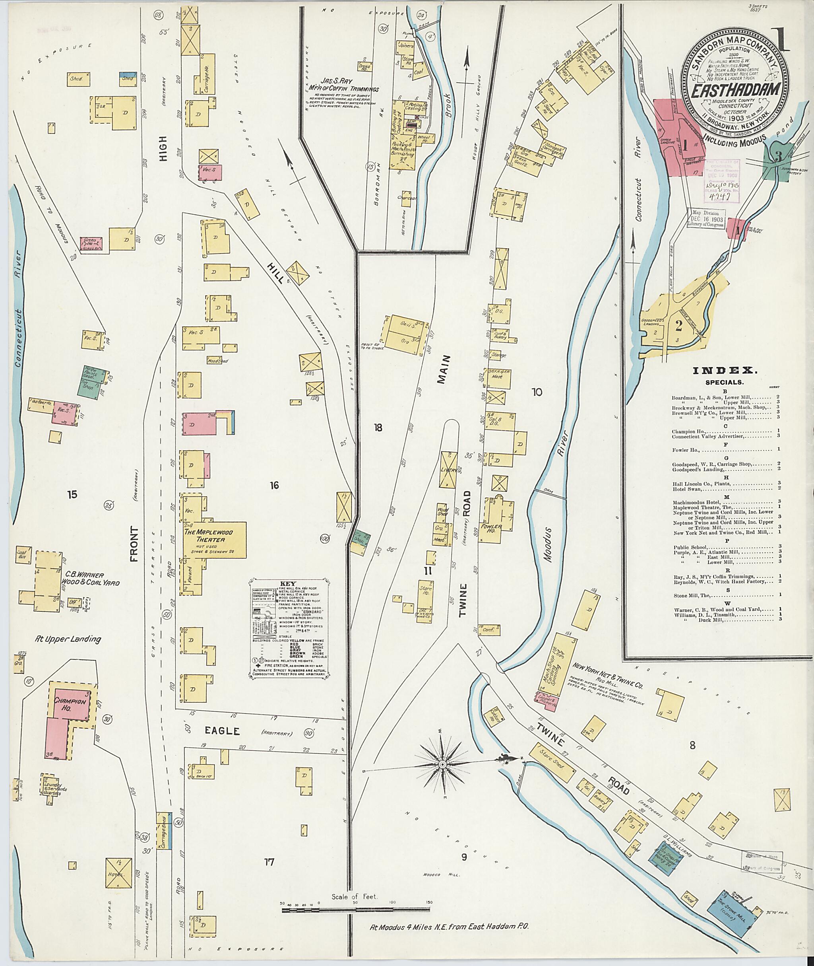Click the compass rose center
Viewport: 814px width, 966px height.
pyautogui.click(x=442, y=765)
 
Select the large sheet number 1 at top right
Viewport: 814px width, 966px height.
pyautogui.click(x=777, y=41)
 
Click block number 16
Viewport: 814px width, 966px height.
pyautogui.click(x=275, y=485)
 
